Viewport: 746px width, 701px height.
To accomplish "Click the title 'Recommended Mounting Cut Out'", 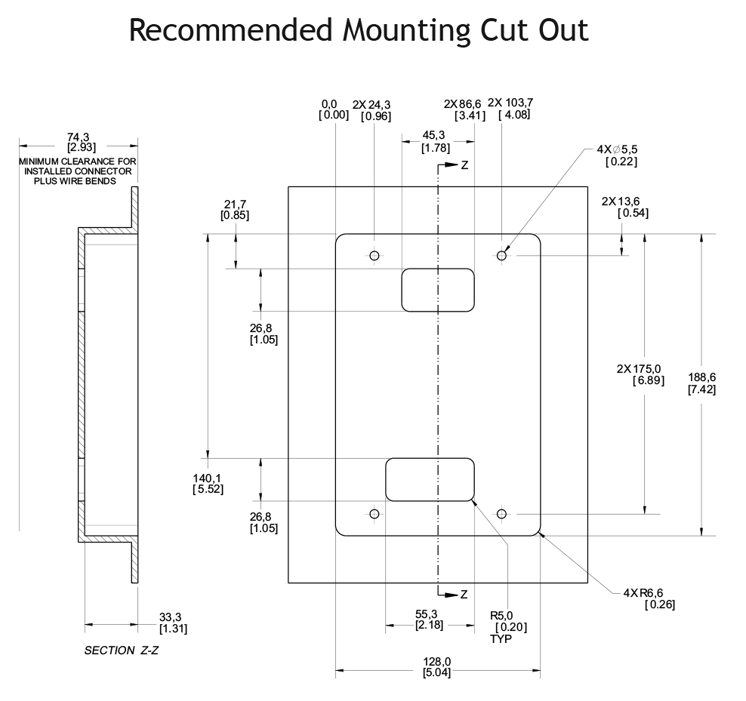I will point(358,30).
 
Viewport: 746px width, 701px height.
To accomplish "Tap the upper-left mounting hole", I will point(374,255).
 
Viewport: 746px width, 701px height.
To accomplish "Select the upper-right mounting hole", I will point(501,255).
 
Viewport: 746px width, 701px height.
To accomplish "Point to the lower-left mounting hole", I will point(374,514).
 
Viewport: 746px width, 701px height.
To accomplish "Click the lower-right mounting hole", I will point(501,514).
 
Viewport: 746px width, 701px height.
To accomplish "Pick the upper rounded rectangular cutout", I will point(437,290).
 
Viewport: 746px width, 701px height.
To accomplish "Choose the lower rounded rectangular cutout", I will point(430,479).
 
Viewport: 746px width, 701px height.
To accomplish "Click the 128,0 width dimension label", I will point(437,667).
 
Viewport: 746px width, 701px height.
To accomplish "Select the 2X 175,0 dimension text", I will point(641,374).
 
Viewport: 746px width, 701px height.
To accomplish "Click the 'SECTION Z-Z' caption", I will point(121,650).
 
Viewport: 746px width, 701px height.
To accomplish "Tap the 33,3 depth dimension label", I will point(173,623).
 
